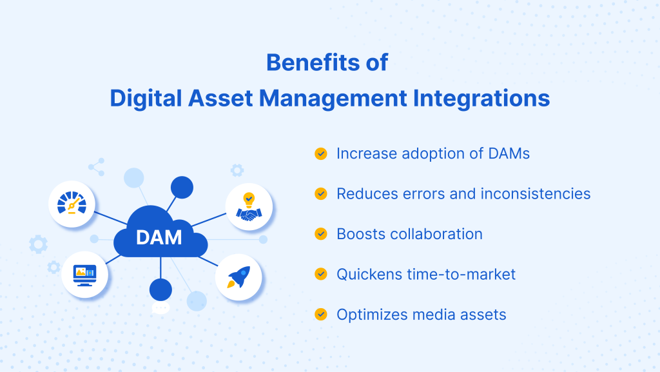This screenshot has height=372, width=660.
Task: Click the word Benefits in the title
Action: pyautogui.click(x=313, y=63)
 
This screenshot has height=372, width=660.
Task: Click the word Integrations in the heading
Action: pyautogui.click(x=481, y=99)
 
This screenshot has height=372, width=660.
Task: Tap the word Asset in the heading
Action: pyautogui.click(x=220, y=98)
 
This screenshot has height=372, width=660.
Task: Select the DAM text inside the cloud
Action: pyautogui.click(x=159, y=237)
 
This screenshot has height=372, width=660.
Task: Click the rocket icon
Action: pyautogui.click(x=238, y=277)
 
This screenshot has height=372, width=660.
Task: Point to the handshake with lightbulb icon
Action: pyautogui.click(x=249, y=206)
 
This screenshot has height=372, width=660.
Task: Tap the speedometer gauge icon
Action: pyautogui.click(x=72, y=203)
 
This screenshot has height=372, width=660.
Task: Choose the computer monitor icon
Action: pyautogui.click(x=84, y=275)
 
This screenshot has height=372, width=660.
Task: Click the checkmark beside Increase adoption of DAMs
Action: pyautogui.click(x=321, y=153)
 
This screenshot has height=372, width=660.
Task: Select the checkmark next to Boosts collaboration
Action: pyautogui.click(x=321, y=234)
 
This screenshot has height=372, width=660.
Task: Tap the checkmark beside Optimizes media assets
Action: pyautogui.click(x=321, y=315)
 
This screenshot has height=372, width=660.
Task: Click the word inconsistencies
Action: pyautogui.click(x=536, y=193)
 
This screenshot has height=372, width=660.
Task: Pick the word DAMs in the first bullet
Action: pyautogui.click(x=509, y=153)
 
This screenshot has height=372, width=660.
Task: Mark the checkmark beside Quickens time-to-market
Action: pyautogui.click(x=321, y=274)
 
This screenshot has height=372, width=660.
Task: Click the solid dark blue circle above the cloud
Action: pyautogui.click(x=182, y=187)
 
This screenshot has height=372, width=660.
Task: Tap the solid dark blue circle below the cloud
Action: pyautogui.click(x=160, y=289)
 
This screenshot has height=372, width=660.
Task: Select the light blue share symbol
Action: pyautogui.click(x=97, y=167)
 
